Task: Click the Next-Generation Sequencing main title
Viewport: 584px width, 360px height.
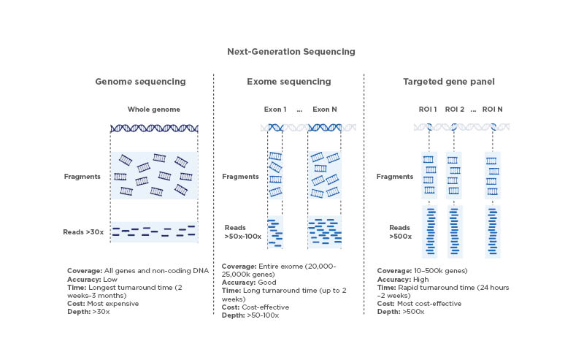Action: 291,52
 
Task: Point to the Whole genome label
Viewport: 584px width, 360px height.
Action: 153,110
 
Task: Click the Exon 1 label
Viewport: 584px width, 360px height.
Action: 275,110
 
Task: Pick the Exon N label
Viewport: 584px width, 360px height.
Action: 324,110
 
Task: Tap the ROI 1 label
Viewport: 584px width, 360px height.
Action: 428,110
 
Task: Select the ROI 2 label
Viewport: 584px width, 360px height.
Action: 454,110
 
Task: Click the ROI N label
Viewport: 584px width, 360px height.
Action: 493,110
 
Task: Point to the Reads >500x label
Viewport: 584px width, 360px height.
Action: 399,231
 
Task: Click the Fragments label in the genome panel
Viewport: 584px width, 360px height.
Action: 82,176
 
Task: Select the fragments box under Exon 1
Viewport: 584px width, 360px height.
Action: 275,175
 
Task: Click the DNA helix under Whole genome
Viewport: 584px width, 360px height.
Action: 154,129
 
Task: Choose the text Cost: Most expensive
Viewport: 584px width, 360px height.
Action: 103,304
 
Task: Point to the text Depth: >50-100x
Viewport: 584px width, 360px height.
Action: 250,315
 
